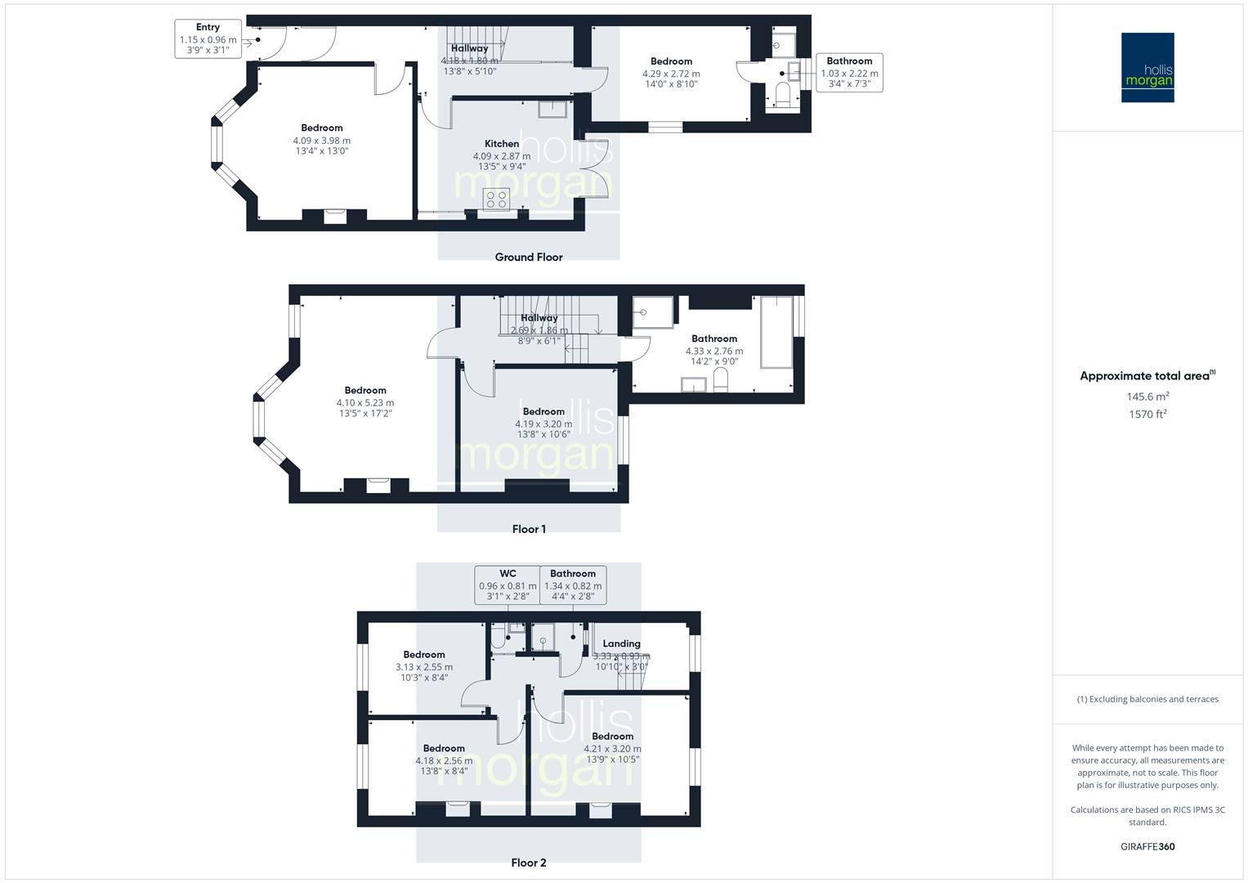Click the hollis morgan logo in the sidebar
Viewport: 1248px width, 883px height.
click(x=1147, y=67)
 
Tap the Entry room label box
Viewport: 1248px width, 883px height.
click(x=208, y=39)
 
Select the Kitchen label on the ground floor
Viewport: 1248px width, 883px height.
click(x=501, y=144)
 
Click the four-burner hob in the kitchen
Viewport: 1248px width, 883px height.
click(x=496, y=199)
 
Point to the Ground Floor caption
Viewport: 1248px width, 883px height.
click(x=528, y=257)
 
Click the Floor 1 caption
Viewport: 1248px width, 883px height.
click(x=529, y=529)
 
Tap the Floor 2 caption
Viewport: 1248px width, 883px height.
click(x=528, y=863)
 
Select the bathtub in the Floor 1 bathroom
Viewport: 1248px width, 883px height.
click(x=776, y=333)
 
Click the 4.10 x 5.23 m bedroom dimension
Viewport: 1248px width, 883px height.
click(x=365, y=402)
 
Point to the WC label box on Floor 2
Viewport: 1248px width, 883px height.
click(x=508, y=585)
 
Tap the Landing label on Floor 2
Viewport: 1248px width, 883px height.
click(x=621, y=643)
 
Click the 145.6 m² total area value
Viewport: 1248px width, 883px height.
click(x=1147, y=397)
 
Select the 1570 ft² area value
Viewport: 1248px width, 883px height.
click(x=1147, y=414)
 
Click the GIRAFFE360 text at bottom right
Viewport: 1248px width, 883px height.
click(x=1147, y=847)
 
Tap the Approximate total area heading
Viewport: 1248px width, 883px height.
click(x=1147, y=376)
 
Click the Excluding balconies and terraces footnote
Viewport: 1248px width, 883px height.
click(x=1147, y=699)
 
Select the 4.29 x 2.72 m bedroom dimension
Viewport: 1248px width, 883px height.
click(x=671, y=74)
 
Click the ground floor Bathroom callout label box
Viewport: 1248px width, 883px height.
click(x=849, y=72)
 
